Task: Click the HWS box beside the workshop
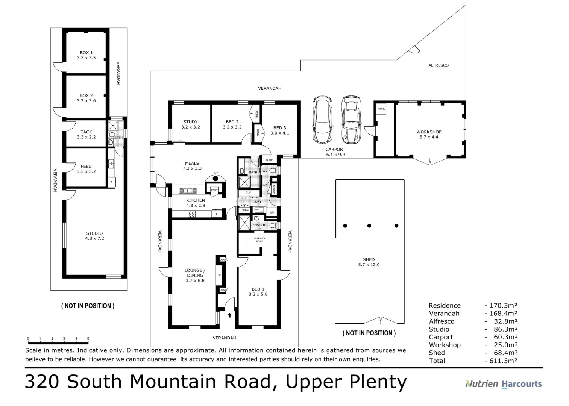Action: (x=381, y=109)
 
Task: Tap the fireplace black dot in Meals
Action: (x=215, y=179)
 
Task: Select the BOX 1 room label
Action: (x=86, y=53)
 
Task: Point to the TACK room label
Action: (x=86, y=132)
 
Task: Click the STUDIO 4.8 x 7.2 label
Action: (x=94, y=236)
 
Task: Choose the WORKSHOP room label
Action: (x=429, y=132)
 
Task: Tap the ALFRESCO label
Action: (x=439, y=65)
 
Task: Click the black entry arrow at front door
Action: (x=230, y=315)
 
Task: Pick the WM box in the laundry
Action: (x=272, y=212)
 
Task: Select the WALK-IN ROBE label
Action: (x=259, y=240)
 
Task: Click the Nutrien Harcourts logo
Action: (x=504, y=384)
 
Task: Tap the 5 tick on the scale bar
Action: (x=88, y=338)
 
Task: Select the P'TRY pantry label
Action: (x=214, y=190)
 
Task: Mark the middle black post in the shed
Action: (x=369, y=226)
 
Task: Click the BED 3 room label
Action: (x=280, y=128)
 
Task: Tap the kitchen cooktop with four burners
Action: (x=192, y=214)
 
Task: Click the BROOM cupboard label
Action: (x=274, y=189)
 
